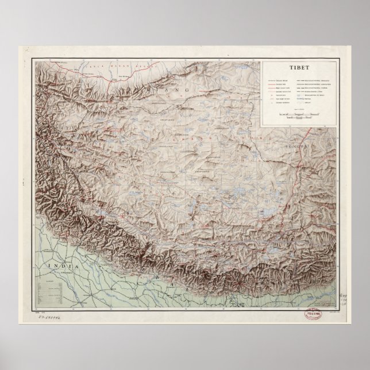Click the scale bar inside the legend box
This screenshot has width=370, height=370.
tap(295, 115)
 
